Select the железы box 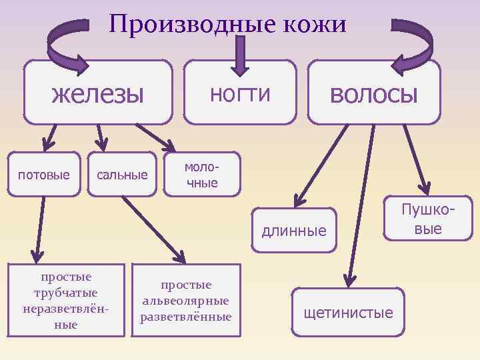pos(98,93)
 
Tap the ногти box pos(240,93)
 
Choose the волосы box pos(373,93)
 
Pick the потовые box pos(44,175)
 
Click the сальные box pos(123,175)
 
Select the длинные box pos(294,231)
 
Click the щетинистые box pos(349,312)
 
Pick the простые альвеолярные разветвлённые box pos(185,300)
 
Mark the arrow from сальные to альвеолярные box pos(154,227)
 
